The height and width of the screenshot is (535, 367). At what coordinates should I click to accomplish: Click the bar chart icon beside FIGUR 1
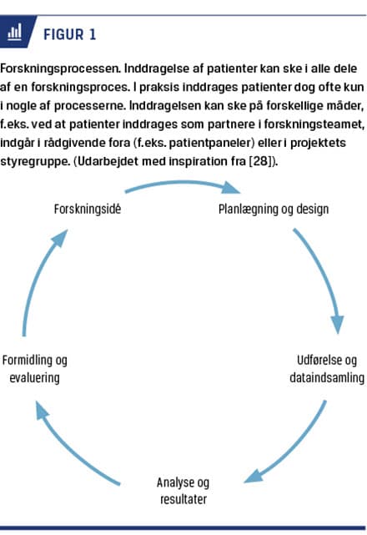pyautogui.click(x=14, y=32)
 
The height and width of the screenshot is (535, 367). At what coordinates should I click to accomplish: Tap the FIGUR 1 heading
pyautogui.click(x=69, y=34)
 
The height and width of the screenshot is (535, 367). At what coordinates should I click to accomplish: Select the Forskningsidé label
pyautogui.click(x=88, y=209)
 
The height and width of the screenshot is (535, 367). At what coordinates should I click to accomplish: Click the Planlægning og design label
pyautogui.click(x=274, y=209)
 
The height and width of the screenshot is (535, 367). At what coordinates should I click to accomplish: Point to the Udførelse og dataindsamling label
pyautogui.click(x=327, y=369)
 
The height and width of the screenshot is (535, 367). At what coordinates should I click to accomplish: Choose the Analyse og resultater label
pyautogui.click(x=183, y=491)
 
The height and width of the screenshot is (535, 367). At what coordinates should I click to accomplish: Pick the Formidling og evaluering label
pyautogui.click(x=34, y=369)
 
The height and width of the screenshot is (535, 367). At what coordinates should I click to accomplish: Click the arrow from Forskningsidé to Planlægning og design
pyautogui.click(x=183, y=183)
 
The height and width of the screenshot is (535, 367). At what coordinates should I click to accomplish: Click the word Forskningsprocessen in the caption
pyautogui.click(x=61, y=68)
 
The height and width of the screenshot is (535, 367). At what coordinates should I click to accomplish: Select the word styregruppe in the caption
pyautogui.click(x=35, y=161)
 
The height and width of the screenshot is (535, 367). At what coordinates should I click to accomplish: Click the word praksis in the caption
pyautogui.click(x=159, y=87)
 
